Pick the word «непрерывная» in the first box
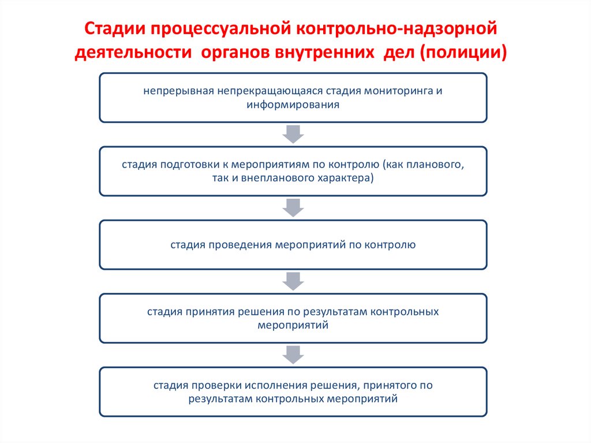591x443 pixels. (x=179, y=91)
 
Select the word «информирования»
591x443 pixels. (x=293, y=105)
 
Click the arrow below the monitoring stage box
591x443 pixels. (x=293, y=134)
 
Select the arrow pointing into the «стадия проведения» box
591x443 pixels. (x=293, y=207)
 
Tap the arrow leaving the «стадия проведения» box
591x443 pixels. (x=293, y=281)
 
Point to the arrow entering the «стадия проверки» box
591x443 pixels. (x=293, y=354)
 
